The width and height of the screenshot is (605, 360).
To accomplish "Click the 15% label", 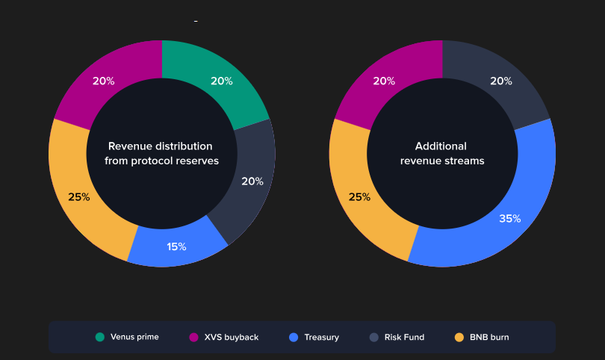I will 177,246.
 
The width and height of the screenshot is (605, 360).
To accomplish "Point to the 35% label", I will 510,219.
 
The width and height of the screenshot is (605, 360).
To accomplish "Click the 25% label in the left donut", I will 79,197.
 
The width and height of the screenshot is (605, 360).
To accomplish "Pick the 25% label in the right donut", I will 359,197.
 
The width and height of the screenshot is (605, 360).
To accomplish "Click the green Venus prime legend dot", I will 100,337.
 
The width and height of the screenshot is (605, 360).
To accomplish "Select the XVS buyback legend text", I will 232,338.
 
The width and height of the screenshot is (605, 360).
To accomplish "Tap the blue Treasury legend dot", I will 294,337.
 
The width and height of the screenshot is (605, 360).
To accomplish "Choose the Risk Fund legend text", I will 404,338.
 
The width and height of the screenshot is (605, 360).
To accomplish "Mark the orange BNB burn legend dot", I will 459,337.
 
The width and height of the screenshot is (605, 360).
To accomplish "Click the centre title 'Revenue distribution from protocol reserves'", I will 161,154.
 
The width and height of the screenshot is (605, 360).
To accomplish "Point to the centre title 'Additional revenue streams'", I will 442,154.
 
